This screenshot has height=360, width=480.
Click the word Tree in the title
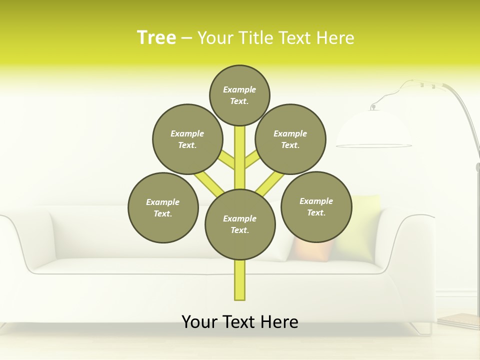coord(156,37)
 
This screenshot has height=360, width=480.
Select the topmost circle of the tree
coord(239,95)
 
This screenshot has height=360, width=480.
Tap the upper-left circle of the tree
coord(187,139)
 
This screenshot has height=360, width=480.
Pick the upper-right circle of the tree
coord(290,139)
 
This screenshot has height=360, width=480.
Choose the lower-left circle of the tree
coord(163,207)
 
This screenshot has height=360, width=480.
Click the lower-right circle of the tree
coord(316,206)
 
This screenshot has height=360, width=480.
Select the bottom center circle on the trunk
coord(240,224)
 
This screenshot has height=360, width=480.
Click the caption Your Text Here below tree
coord(240,322)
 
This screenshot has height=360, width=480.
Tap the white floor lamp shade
coord(374,130)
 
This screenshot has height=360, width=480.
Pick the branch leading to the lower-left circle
coord(209,183)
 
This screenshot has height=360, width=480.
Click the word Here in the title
coord(335,38)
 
